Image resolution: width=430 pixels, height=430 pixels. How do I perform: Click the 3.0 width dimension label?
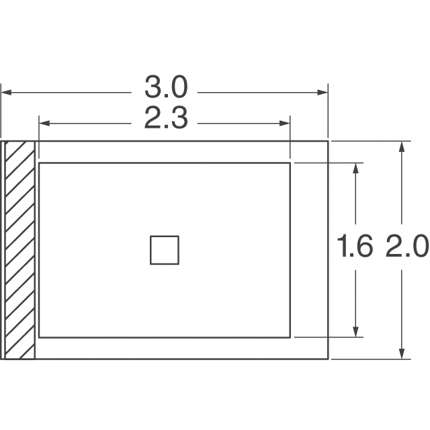pos(165,88)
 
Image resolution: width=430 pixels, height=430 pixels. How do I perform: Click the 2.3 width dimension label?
pos(165,122)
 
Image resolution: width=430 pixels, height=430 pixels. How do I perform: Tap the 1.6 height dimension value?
pos(355,249)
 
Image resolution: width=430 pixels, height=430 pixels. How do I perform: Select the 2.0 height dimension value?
pos(406,249)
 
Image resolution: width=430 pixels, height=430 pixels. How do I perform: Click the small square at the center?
pos(164,250)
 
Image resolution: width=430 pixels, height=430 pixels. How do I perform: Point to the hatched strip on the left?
pos(19,250)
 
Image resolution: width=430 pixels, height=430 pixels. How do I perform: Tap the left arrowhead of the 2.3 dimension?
pos(44,123)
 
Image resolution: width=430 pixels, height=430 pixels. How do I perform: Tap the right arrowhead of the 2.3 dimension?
pos(285,123)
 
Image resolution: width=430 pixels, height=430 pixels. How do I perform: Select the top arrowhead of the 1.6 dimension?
pos(355,167)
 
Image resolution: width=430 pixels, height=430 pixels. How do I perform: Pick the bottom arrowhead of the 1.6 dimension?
pos(355,332)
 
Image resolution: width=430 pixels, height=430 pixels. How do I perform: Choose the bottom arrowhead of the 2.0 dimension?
pos(402,354)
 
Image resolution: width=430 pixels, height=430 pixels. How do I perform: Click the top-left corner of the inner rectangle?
pos(39,163)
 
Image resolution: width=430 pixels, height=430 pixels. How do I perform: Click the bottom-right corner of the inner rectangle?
pos(290,337)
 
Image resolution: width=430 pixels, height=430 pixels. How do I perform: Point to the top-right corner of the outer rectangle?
pos(329,141)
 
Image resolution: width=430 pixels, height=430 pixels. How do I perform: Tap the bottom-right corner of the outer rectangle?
pos(329,359)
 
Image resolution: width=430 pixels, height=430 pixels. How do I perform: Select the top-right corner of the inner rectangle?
pos(290,163)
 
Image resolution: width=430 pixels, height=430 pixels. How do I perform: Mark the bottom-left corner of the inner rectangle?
pos(39,337)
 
